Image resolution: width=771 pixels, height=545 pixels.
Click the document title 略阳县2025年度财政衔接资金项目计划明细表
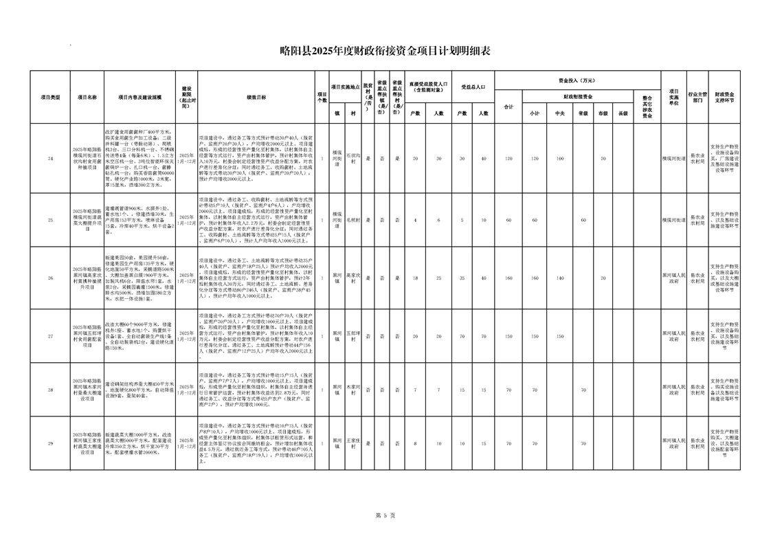tap(385, 50)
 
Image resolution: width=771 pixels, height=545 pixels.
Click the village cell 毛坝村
tap(353, 220)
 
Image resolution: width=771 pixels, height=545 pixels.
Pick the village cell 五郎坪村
tap(353, 336)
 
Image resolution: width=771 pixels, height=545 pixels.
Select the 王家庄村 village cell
tap(353, 443)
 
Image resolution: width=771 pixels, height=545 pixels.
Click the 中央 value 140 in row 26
tap(560, 278)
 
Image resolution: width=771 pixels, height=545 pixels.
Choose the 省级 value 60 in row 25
tap(582, 220)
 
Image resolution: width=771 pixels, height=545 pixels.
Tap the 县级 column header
tap(623, 113)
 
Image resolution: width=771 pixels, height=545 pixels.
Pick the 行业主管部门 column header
tap(697, 97)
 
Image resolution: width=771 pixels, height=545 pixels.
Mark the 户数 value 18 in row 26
tap(415, 278)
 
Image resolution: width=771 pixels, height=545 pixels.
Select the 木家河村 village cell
tap(353, 390)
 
